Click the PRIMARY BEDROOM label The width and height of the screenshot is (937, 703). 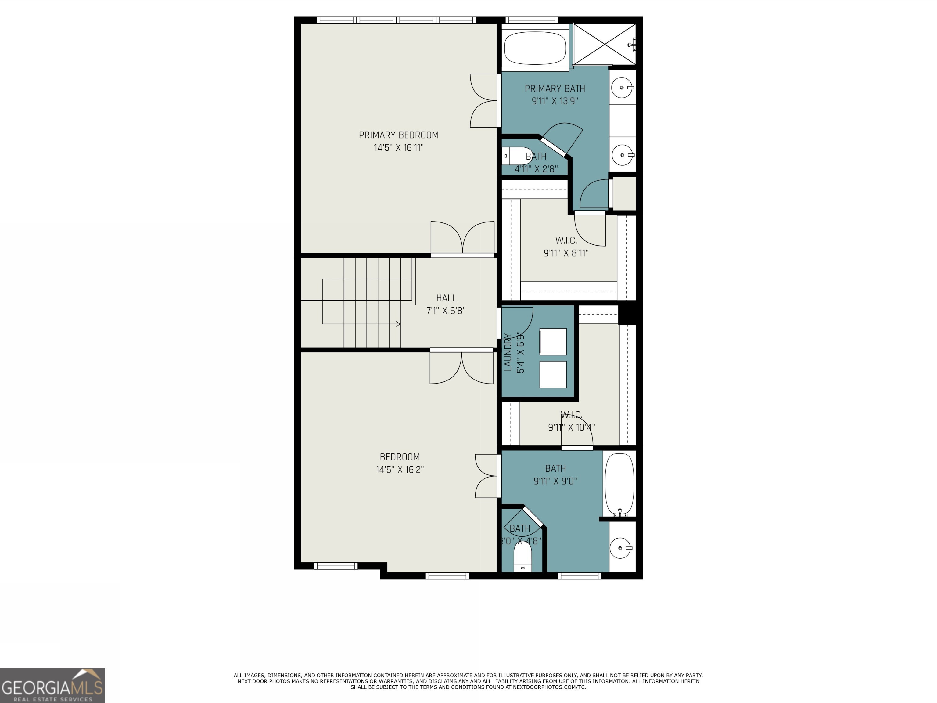[399, 135]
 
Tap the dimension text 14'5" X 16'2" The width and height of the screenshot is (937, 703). [400, 470]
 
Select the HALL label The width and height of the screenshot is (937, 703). [446, 298]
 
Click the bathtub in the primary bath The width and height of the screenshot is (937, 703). [535, 48]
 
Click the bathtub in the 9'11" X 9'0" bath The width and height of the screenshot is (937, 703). [619, 484]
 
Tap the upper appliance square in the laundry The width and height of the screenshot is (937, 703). [553, 341]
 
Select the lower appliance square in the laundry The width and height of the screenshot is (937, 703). [553, 374]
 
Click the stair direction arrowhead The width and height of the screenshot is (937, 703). [398, 324]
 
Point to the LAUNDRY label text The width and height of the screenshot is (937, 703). [508, 352]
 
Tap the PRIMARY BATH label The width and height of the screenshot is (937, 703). [555, 88]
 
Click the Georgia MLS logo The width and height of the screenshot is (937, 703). [52, 685]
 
